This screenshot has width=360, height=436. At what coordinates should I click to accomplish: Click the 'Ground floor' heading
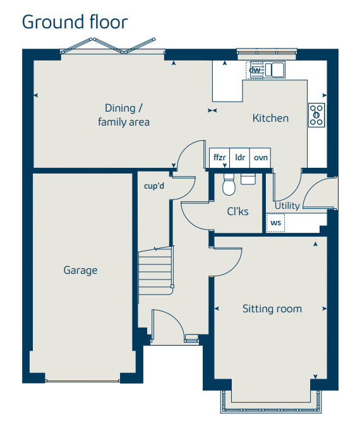pyautogui.click(x=75, y=22)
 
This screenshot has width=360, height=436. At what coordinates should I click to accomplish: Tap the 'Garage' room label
pyautogui.click(x=80, y=270)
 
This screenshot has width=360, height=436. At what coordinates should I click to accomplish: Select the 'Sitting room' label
pyautogui.click(x=272, y=309)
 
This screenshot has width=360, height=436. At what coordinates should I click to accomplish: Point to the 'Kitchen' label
pyautogui.click(x=270, y=118)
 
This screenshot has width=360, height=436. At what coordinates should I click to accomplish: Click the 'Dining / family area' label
pyautogui.click(x=124, y=115)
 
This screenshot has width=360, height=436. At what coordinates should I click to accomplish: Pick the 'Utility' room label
pyautogui.click(x=287, y=206)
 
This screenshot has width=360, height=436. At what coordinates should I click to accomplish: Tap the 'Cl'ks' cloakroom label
pyautogui.click(x=237, y=211)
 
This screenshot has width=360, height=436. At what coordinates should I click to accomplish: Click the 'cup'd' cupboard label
pyautogui.click(x=154, y=186)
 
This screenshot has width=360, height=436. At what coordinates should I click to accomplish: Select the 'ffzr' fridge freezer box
pyautogui.click(x=219, y=158)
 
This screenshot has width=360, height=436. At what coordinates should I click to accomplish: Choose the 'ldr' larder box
pyautogui.click(x=240, y=158)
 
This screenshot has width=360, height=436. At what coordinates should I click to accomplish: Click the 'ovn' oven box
pyautogui.click(x=260, y=158)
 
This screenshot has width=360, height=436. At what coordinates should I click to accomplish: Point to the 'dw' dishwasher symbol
pyautogui.click(x=254, y=70)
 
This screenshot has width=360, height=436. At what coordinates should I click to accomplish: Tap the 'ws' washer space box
pyautogui.click(x=275, y=223)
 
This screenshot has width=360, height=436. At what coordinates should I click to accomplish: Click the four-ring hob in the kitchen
pyautogui.click(x=316, y=115)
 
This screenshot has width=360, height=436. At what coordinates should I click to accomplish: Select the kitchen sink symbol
pyautogui.click(x=275, y=69)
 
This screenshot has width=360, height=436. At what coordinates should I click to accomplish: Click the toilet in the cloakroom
pyautogui.click(x=229, y=184)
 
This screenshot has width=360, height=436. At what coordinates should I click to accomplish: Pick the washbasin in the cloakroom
pyautogui.click(x=248, y=179)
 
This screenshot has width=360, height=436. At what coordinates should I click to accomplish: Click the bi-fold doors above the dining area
pyautogui.click(x=109, y=45)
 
